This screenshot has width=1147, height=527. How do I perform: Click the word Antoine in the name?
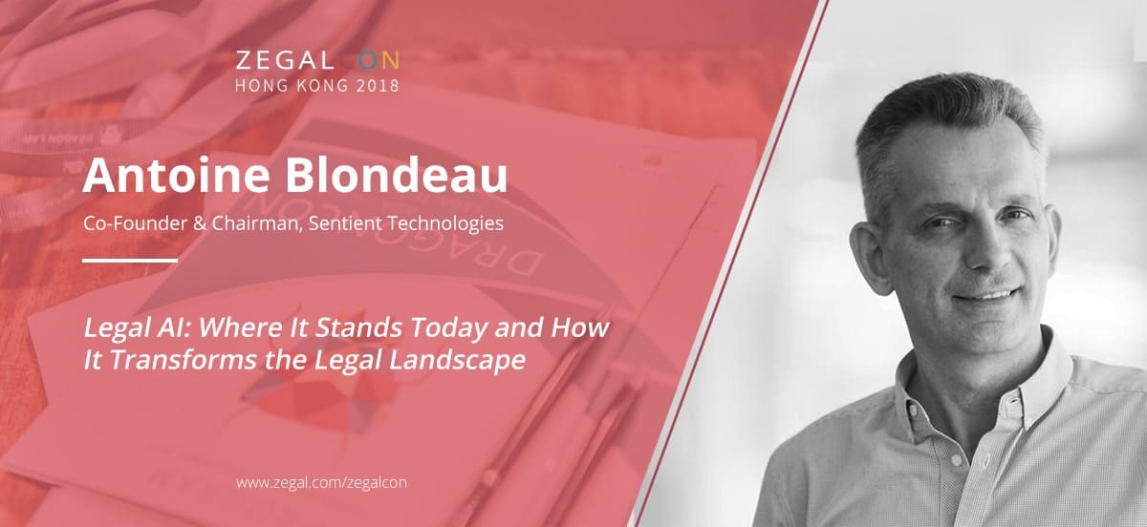point(177,175)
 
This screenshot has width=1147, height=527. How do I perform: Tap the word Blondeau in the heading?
point(397,175)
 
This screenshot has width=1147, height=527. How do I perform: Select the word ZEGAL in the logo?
point(285,61)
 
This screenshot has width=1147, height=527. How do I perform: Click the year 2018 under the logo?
point(378,85)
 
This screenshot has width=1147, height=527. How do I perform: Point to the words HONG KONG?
point(292,85)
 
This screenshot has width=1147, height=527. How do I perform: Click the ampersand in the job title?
point(199,223)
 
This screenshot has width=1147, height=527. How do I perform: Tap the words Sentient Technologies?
point(405,223)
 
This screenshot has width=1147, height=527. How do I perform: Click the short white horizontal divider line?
point(130,261)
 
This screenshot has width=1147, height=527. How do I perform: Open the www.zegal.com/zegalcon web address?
point(321,482)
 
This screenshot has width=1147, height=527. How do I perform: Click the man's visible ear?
point(872,256)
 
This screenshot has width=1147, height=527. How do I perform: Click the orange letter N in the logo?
point(390,61)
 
